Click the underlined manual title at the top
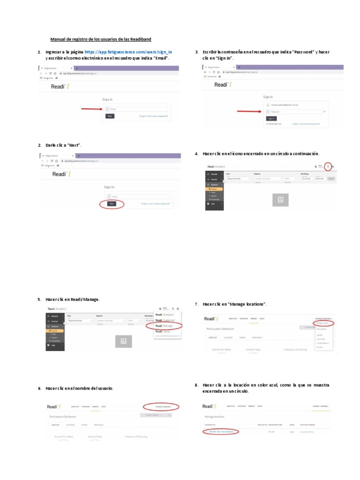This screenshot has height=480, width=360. pyautogui.click(x=101, y=39)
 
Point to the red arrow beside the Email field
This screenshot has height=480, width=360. pyautogui.click(x=92, y=109)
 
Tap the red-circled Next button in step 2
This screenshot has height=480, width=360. pyautogui.click(x=112, y=203)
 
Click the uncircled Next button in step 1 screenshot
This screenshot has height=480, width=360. pyautogui.click(x=110, y=116)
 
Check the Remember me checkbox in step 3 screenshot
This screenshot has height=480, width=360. pyautogui.click(x=267, y=124)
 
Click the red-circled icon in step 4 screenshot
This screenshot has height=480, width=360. pyautogui.click(x=328, y=166)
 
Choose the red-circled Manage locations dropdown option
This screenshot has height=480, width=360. pyautogui.click(x=324, y=323)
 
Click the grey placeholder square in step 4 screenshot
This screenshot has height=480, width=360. pyautogui.click(x=281, y=200)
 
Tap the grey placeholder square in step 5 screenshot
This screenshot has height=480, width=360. pyautogui.click(x=123, y=341)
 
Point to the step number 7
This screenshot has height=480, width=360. pyautogui.click(x=196, y=305)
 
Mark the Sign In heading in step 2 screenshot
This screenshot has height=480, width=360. pyautogui.click(x=109, y=187)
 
